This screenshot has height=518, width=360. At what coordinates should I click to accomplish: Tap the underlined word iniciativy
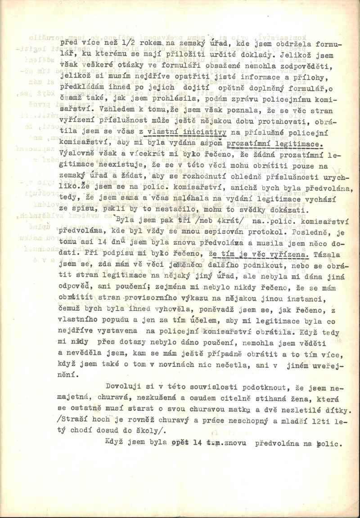point(190,132)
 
